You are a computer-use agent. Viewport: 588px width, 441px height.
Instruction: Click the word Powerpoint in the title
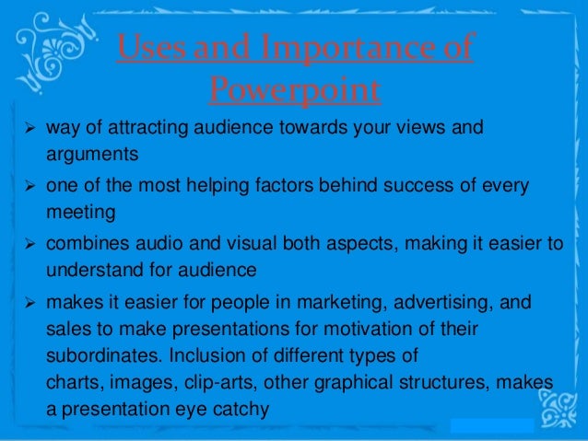click(x=294, y=90)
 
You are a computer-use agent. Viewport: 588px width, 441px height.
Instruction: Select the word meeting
click(x=81, y=213)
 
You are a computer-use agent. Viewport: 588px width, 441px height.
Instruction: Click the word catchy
click(x=240, y=406)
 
